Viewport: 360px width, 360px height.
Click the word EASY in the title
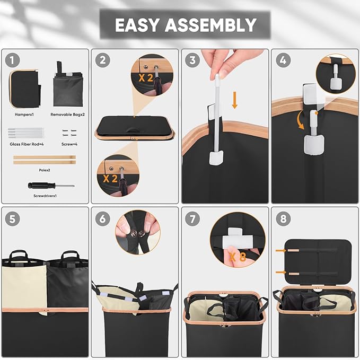pos(137,25)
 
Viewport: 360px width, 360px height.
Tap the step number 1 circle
pos(12,60)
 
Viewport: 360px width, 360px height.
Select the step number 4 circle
pos(283,60)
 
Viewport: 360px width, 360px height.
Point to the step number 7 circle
pos(192,219)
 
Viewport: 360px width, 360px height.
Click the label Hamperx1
pos(24,115)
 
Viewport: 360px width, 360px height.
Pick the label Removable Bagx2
pos(67,115)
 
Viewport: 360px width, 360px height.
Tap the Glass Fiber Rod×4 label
pos(27,144)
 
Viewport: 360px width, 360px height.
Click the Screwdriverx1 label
pos(45,196)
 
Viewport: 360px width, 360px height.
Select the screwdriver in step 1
pos(51,185)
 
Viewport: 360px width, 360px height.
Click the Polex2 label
pos(45,170)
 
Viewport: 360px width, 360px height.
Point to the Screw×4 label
pos(69,144)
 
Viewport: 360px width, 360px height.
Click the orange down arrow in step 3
pos(234,100)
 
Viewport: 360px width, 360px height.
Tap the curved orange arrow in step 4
pos(299,121)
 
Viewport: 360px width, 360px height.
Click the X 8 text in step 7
pos(238,257)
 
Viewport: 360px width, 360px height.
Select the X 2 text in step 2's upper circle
pos(146,78)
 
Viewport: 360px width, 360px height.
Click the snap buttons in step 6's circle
pos(137,234)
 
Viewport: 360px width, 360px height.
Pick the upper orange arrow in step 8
pos(281,250)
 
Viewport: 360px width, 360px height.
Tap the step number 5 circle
pos(12,219)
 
